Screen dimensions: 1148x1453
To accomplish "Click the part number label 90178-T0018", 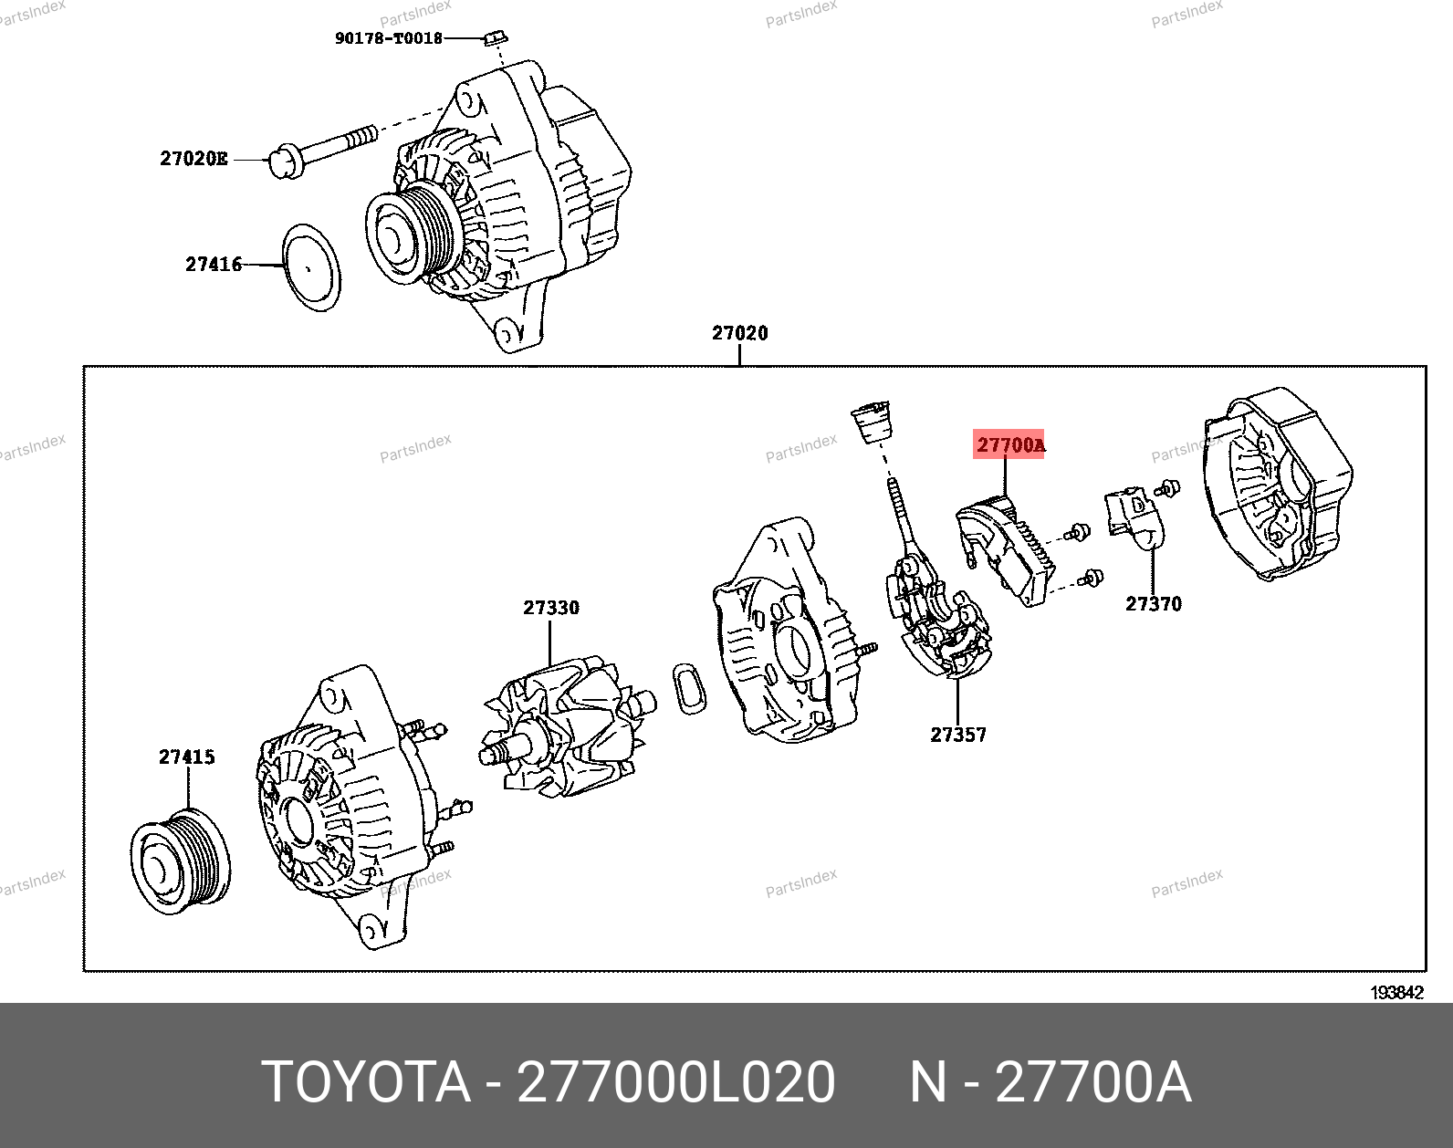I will coord(388,38).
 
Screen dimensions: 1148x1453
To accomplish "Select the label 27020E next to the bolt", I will coord(193,159).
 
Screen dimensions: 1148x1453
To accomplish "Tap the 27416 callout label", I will coord(214,265).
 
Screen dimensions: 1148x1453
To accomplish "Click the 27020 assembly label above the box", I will coord(740,334).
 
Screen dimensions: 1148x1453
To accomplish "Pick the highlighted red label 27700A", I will coord(1010,445).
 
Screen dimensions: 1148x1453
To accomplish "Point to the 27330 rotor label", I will coord(550,608).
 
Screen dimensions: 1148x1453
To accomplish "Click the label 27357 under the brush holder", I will coord(958,734).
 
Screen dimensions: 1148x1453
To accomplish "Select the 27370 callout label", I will coord(1153,604).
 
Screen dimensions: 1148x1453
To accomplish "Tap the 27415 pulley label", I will coord(187,757).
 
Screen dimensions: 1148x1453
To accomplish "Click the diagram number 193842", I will coord(1396,993).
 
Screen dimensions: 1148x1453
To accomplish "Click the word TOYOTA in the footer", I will coord(366,1083).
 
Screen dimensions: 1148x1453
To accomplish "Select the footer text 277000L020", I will coord(675,1083).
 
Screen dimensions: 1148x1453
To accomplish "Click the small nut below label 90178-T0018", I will coord(496,39).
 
